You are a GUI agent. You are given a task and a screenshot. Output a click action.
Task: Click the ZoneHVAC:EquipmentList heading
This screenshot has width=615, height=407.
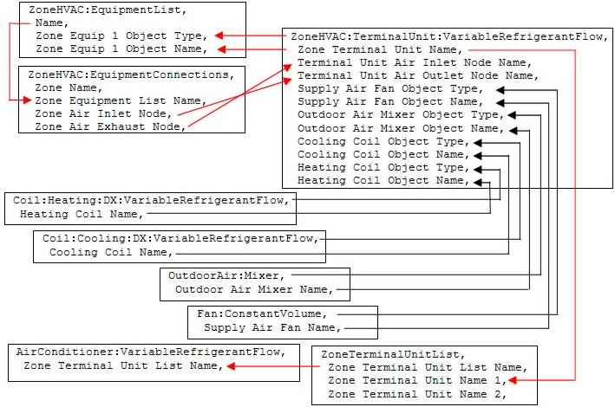tap(88, 10)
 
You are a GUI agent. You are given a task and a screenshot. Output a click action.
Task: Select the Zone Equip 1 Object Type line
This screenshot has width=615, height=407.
tap(120, 36)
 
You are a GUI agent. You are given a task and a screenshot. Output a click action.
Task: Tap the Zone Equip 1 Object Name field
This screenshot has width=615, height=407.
tap(120, 48)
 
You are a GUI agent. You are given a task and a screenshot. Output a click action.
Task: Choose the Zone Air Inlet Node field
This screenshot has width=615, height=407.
tap(103, 113)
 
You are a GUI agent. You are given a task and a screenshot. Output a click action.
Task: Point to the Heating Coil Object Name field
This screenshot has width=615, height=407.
tap(386, 180)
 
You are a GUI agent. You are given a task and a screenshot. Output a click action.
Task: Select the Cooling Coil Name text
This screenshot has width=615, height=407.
tap(109, 252)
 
